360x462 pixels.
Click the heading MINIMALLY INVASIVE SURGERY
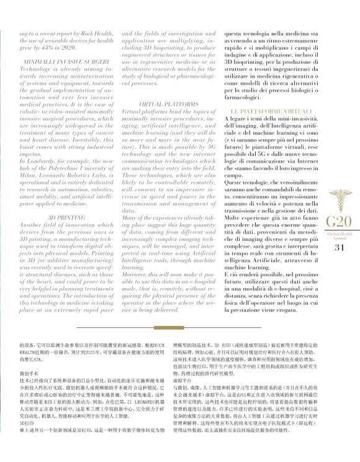(x=66, y=63)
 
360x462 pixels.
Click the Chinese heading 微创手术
(x=30, y=372)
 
